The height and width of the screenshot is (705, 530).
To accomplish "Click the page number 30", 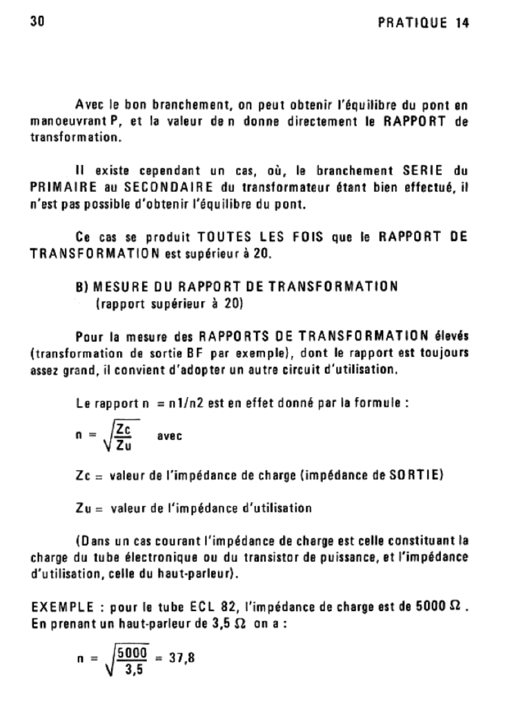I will tap(37, 21).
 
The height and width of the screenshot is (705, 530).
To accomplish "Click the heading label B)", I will tap(82, 287).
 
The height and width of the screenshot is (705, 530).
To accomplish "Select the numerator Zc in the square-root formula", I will tap(124, 430).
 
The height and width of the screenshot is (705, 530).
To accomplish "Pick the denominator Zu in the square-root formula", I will tap(125, 445).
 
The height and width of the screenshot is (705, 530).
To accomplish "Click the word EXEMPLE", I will tap(58, 608).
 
